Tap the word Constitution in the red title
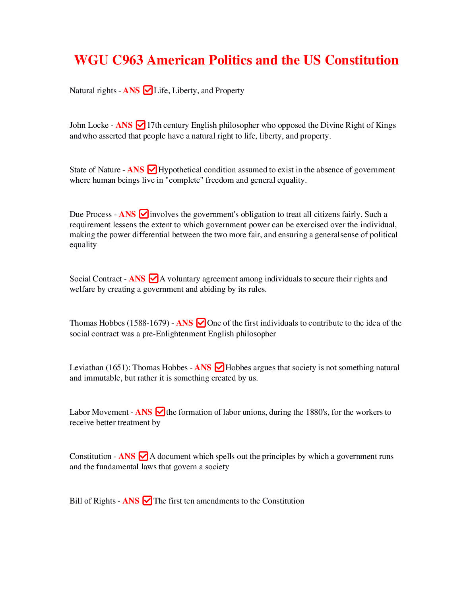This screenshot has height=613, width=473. point(362,60)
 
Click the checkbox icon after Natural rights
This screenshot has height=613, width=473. point(147,90)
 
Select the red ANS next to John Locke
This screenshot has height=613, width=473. point(124,125)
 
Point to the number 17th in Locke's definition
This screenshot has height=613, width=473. point(154,125)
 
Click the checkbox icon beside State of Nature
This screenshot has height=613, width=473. point(152,170)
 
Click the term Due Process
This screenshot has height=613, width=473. point(91,215)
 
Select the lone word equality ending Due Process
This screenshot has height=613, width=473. point(83,245)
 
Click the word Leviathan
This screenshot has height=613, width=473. point(86,368)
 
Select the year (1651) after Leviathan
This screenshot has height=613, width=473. point(118,368)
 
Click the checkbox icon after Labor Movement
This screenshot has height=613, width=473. point(160,412)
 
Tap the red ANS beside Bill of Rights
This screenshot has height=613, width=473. point(131,501)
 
